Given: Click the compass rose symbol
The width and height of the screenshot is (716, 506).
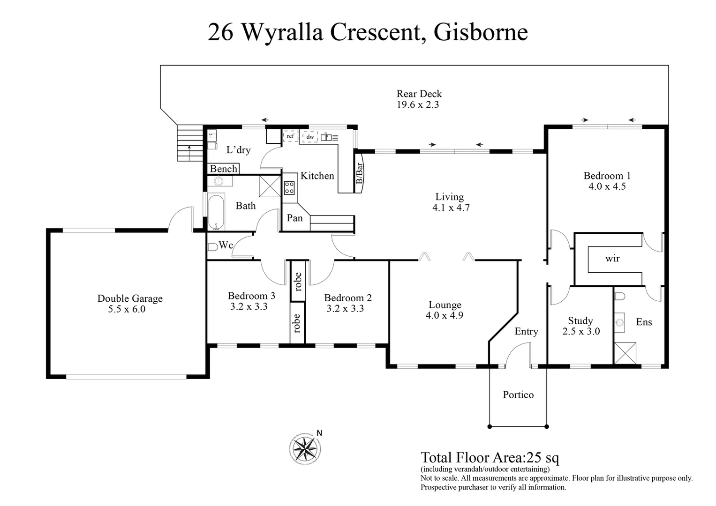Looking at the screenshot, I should click(x=305, y=448).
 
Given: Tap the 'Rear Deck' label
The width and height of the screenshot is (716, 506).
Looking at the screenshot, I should click(x=419, y=94).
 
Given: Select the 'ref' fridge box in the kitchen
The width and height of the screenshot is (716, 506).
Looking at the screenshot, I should click(x=291, y=136).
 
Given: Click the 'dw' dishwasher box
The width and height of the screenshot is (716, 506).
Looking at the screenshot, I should click(x=310, y=137).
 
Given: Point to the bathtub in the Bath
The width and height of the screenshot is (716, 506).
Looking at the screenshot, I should click(x=216, y=213).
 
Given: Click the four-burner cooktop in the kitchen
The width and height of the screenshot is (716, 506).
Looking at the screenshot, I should click(x=289, y=188).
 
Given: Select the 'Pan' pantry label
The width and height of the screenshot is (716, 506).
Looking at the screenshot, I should click(x=294, y=218).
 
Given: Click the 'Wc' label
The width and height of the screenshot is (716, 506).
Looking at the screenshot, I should click(x=226, y=245).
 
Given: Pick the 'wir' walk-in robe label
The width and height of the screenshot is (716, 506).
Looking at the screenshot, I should click(x=612, y=258).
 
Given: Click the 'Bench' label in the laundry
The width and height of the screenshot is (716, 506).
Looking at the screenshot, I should click(x=224, y=169).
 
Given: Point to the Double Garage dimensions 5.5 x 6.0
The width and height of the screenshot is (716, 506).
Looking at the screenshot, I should click(x=127, y=309).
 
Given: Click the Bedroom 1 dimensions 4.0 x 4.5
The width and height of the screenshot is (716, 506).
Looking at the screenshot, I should click(x=607, y=186).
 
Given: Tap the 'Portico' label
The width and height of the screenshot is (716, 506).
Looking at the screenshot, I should click(x=518, y=394).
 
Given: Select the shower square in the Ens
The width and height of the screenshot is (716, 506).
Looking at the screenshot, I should click(x=625, y=353).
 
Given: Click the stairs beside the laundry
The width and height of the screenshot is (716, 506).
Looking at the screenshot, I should click(x=190, y=143).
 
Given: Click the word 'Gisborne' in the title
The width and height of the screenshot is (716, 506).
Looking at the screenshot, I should click(x=481, y=32).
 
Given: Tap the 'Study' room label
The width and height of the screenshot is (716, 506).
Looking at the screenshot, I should click(x=580, y=320).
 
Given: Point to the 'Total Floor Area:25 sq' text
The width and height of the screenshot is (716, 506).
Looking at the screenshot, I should click(x=490, y=457).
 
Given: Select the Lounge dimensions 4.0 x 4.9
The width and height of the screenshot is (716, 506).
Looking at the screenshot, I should click(x=444, y=315).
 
